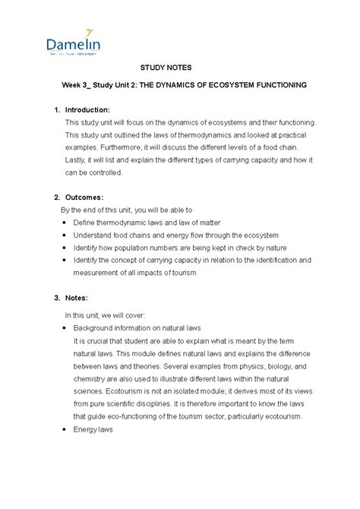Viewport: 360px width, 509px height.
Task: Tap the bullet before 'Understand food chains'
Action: (62, 235)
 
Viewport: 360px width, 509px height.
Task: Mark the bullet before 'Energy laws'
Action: (62, 429)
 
